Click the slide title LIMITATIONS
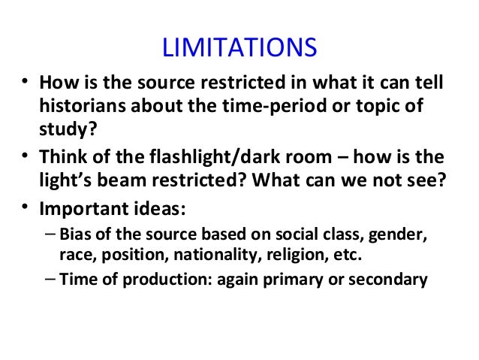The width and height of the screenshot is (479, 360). point(239,48)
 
